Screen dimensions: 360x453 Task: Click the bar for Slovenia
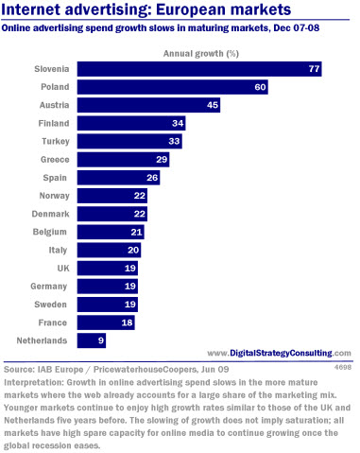pyautogui.click(x=199, y=69)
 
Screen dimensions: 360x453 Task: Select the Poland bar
pyautogui.click(x=173, y=87)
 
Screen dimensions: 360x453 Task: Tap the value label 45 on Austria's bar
pyautogui.click(x=213, y=105)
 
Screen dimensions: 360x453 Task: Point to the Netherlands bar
pyautogui.click(x=92, y=340)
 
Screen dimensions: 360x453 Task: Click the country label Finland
pyautogui.click(x=54, y=123)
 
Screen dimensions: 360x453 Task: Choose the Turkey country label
pyautogui.click(x=56, y=142)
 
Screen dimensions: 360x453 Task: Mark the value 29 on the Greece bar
pyautogui.click(x=162, y=160)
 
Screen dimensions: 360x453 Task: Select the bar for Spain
pyautogui.click(x=118, y=178)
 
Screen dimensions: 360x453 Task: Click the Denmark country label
pyautogui.click(x=50, y=214)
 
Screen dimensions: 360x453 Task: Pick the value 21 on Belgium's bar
pyautogui.click(x=136, y=233)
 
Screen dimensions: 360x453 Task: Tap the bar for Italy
pyautogui.click(x=109, y=251)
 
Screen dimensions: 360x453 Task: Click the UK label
pyautogui.click(x=63, y=269)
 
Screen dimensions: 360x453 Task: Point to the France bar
pyautogui.click(x=106, y=322)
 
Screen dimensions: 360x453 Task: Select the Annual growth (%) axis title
pyautogui.click(x=201, y=54)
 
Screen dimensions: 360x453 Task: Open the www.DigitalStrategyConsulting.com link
pyautogui.click(x=279, y=353)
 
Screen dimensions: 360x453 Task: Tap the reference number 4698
pyautogui.click(x=343, y=367)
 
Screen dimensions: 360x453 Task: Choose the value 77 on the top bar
pyautogui.click(x=314, y=69)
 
